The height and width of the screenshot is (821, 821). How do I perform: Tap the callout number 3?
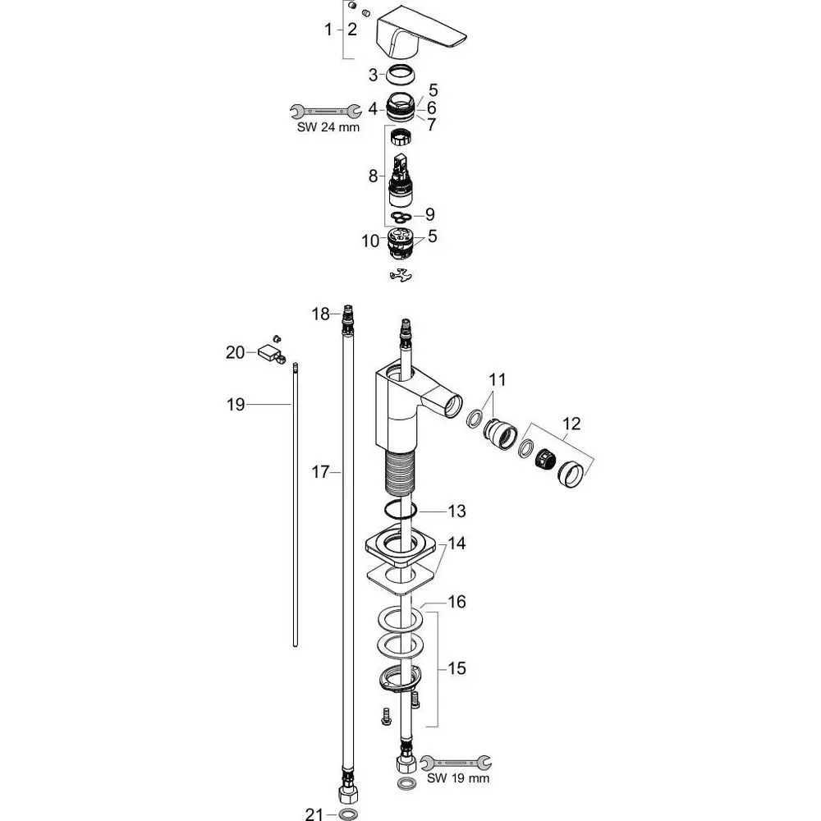(x=373, y=76)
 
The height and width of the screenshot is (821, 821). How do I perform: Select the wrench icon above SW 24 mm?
(x=326, y=111)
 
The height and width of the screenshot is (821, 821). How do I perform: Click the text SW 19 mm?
(x=458, y=778)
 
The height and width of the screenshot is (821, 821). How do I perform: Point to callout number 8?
(x=373, y=176)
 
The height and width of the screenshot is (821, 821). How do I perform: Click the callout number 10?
(x=370, y=241)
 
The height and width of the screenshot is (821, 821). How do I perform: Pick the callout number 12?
(x=571, y=423)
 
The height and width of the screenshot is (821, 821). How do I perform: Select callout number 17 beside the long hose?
(x=320, y=472)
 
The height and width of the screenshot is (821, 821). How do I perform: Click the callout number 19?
(x=236, y=404)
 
